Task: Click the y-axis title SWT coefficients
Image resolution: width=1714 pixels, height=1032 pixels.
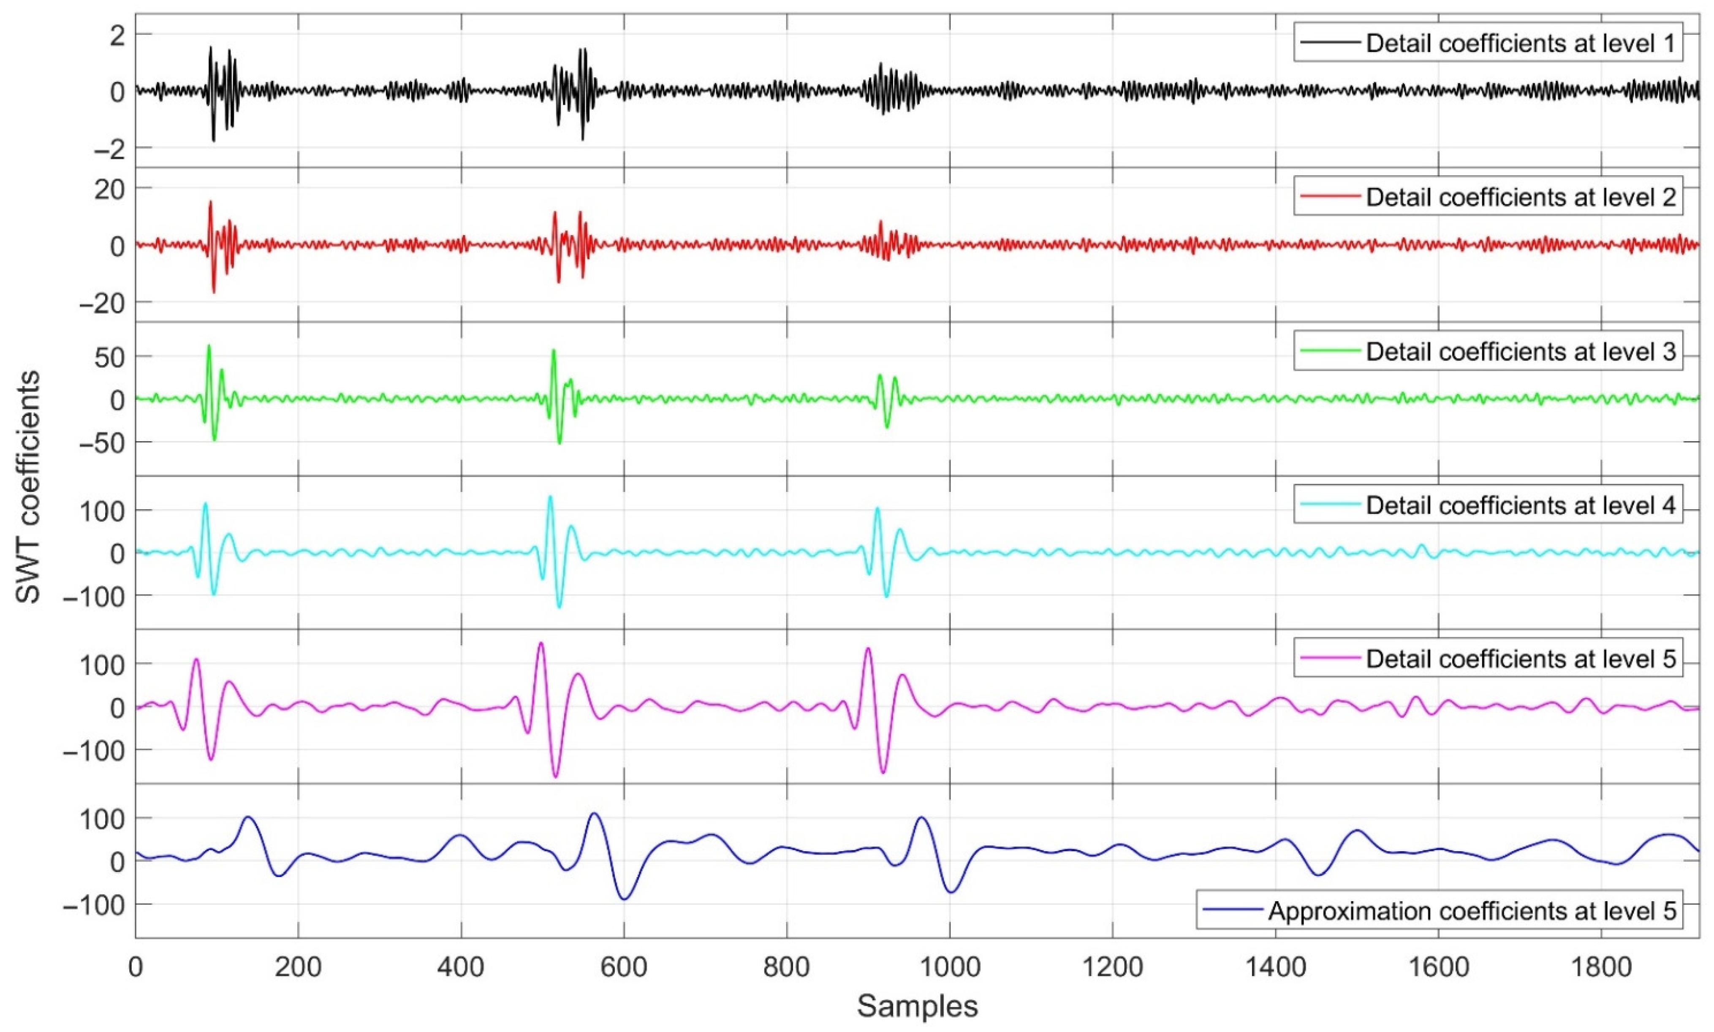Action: (x=29, y=487)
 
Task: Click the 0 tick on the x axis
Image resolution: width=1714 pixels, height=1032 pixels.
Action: (x=136, y=967)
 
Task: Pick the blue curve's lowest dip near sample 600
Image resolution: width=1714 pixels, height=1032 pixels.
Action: (x=625, y=899)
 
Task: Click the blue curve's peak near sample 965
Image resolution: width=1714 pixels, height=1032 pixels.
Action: (x=922, y=818)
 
